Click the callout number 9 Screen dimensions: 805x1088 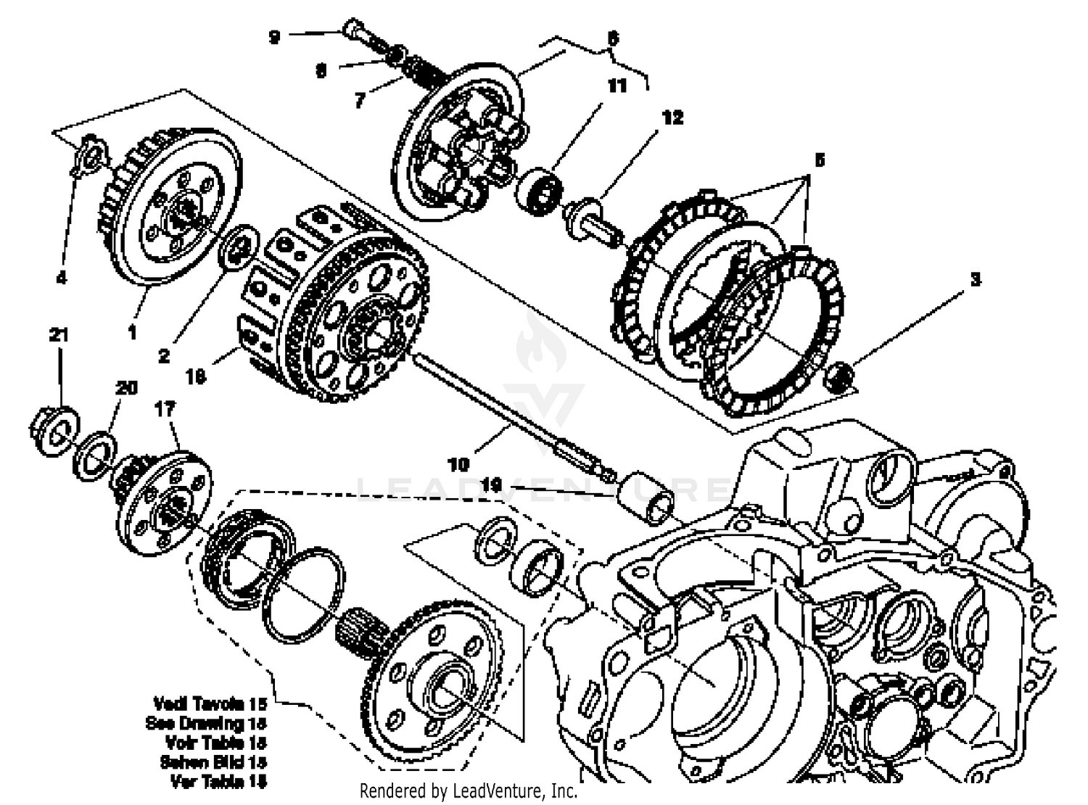(274, 36)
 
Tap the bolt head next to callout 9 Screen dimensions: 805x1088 (352, 30)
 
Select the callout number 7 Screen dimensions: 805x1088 (360, 101)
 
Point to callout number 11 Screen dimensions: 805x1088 (617, 86)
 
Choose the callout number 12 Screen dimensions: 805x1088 (672, 117)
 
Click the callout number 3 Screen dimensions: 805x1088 (976, 279)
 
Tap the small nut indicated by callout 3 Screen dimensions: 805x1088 (841, 375)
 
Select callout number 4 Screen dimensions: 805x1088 (62, 277)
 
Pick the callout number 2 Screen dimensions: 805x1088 (164, 356)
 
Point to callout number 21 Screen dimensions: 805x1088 (59, 335)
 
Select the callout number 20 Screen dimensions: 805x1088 (126, 388)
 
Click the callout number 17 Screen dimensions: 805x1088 (165, 409)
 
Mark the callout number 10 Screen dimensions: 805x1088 (458, 463)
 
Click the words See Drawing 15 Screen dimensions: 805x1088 (206, 723)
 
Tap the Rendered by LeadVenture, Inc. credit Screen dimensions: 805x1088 (469, 790)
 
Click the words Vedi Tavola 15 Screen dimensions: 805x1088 (210, 703)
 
